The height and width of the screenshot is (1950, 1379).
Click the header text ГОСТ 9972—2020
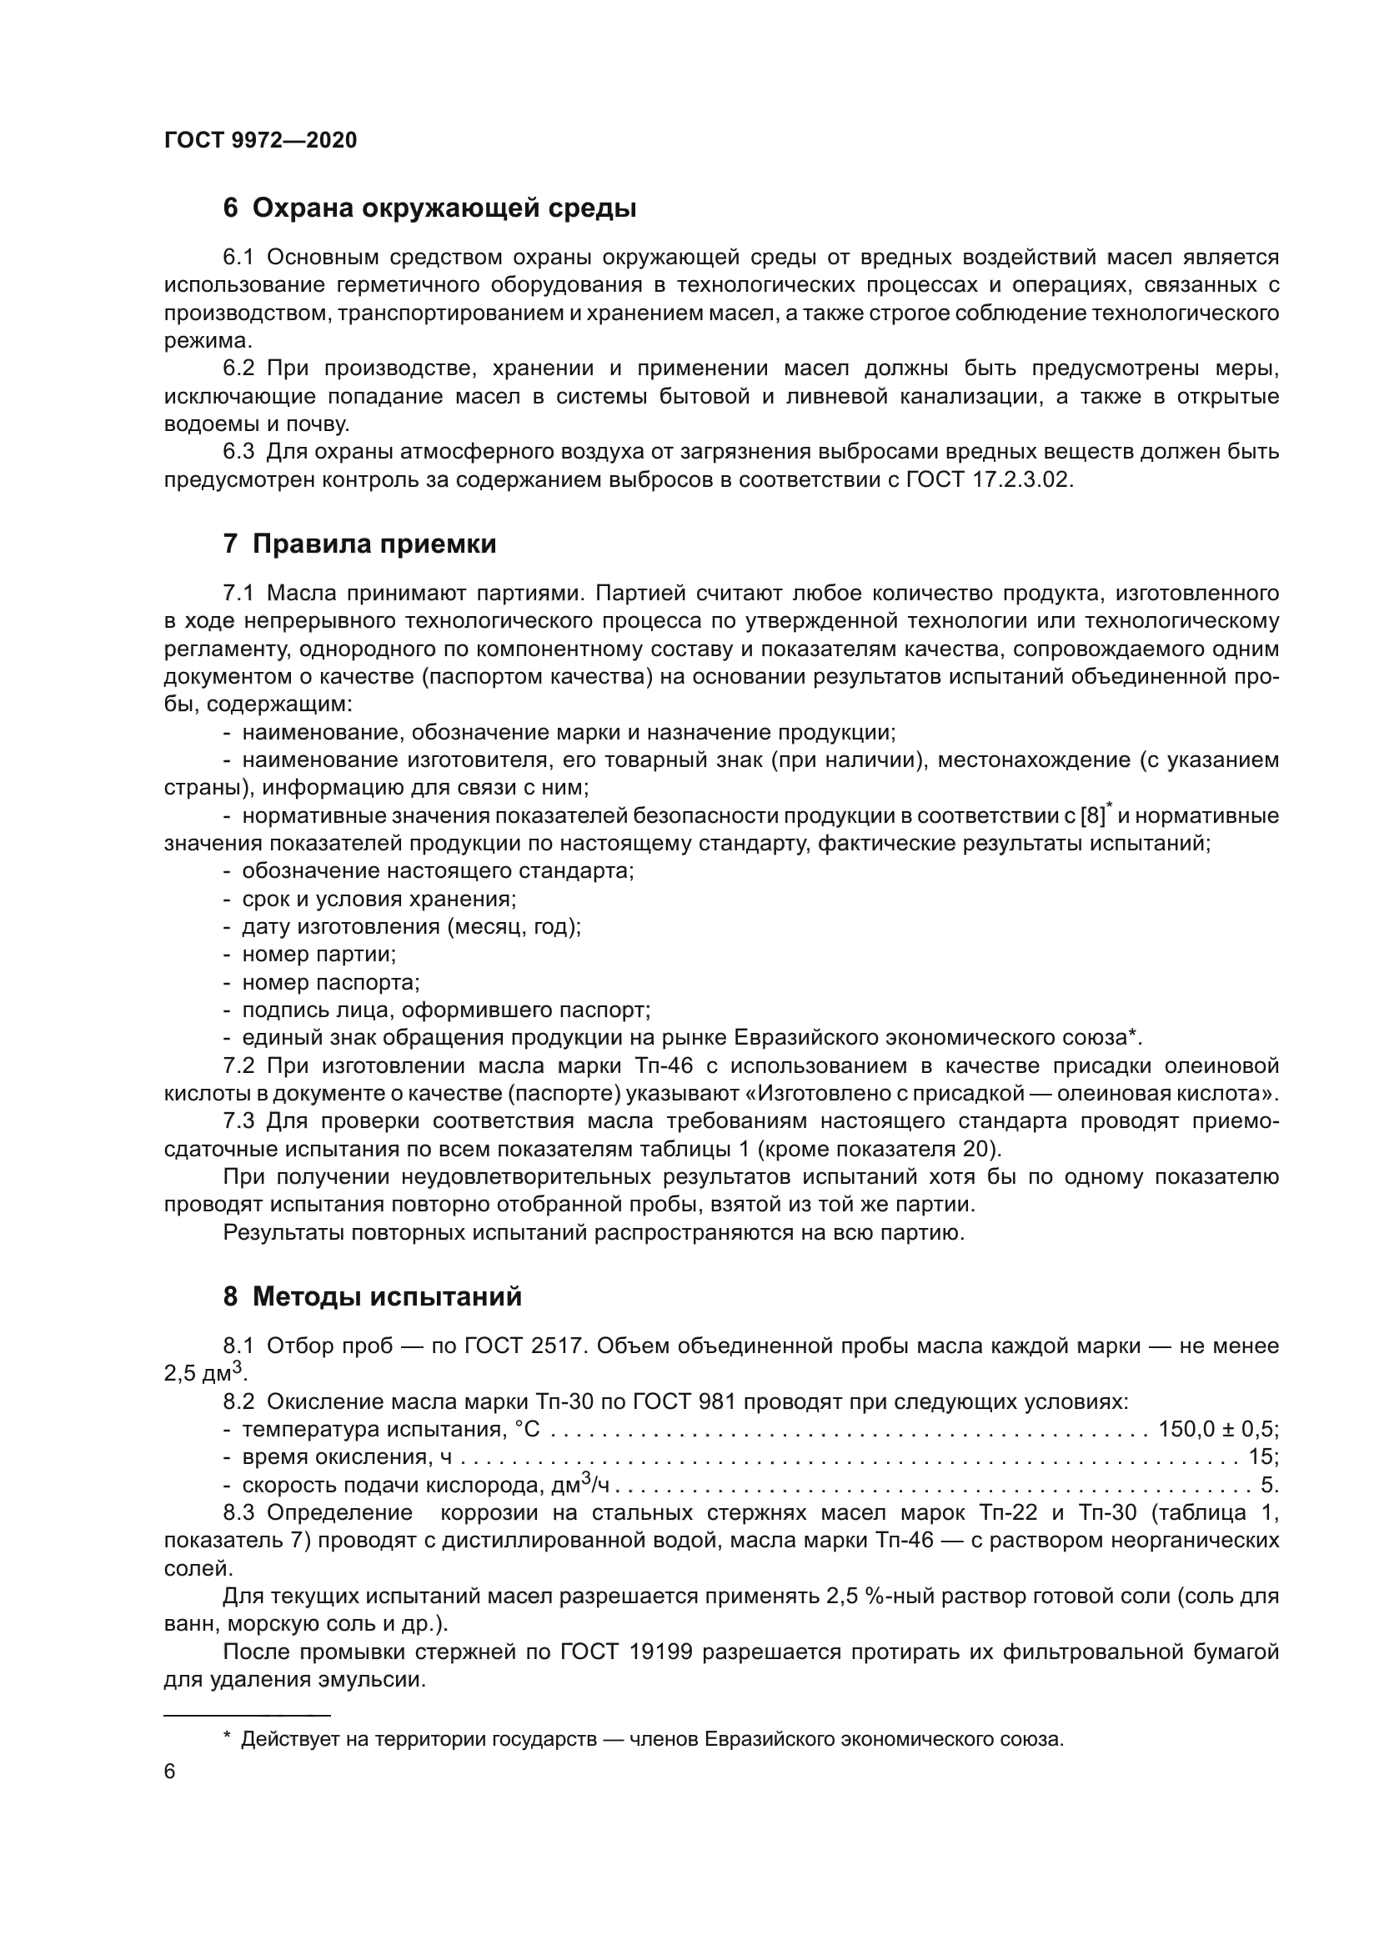click(x=261, y=141)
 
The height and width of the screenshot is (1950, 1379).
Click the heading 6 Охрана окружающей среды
click(x=429, y=208)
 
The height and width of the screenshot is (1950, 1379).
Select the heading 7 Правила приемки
click(x=359, y=544)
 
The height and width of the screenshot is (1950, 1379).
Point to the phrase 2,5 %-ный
click(x=885, y=1597)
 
